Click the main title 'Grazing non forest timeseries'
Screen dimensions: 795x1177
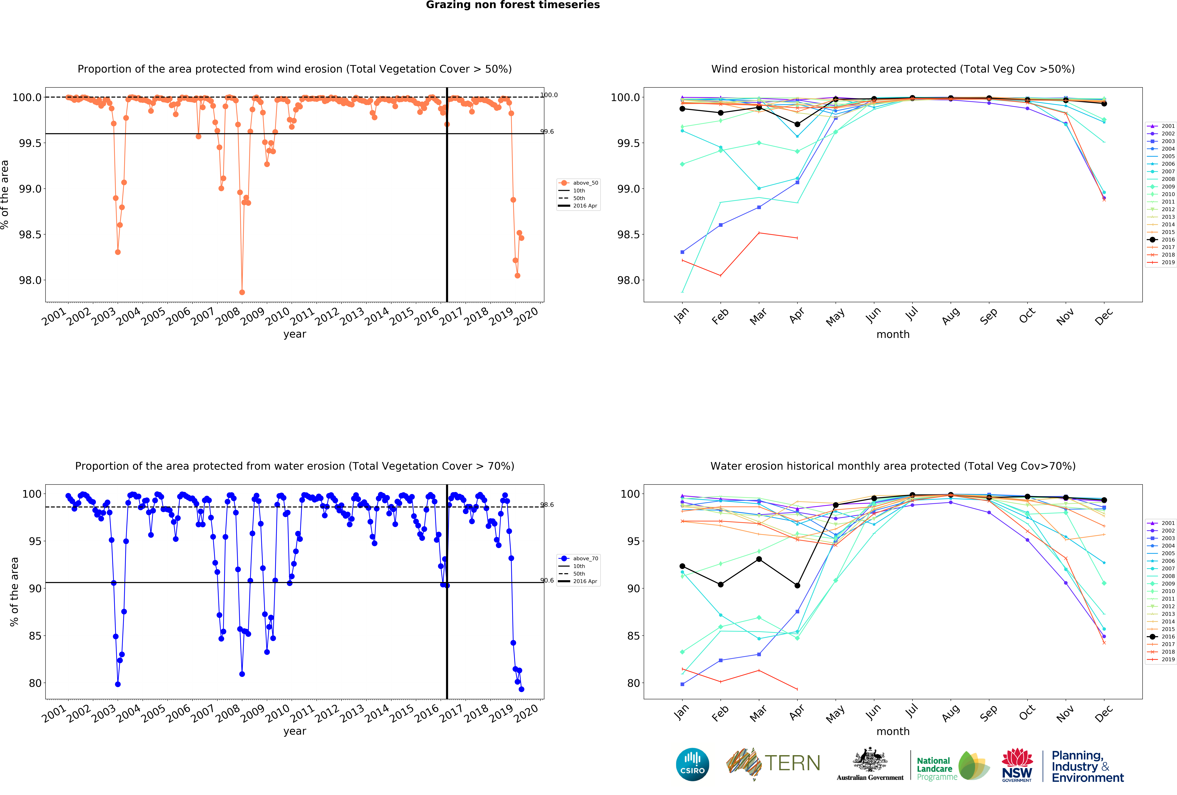pyautogui.click(x=512, y=5)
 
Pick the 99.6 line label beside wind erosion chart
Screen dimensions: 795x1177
pyautogui.click(x=547, y=132)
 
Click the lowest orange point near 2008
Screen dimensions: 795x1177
pyautogui.click(x=242, y=292)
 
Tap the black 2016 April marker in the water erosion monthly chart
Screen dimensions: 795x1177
pyautogui.click(x=797, y=585)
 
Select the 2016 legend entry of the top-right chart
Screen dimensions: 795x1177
pyautogui.click(x=1163, y=239)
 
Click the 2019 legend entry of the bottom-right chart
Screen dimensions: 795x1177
pyautogui.click(x=1163, y=659)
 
